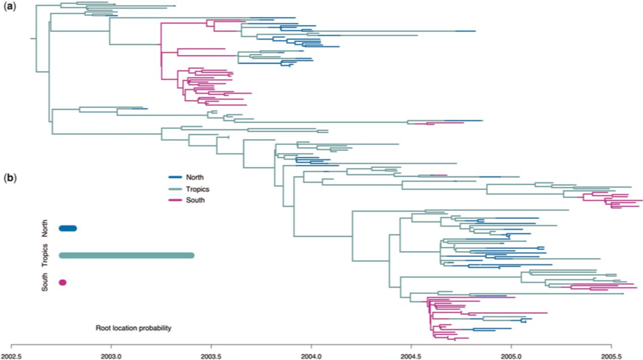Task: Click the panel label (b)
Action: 11,178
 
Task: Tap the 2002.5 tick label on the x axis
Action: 12,353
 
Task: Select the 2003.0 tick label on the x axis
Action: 111,353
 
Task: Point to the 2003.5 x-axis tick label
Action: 211,353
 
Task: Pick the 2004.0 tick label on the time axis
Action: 311,353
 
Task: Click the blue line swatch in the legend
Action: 176,177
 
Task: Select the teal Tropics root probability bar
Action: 126,256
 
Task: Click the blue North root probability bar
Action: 68,229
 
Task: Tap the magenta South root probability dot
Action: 63,283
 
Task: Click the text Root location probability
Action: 132,328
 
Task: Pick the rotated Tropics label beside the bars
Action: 45,256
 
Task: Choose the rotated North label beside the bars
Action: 45,229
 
